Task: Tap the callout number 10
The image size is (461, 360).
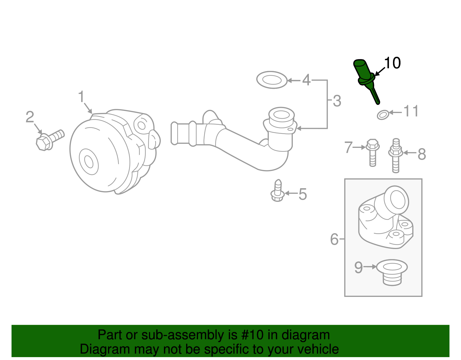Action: click(x=392, y=63)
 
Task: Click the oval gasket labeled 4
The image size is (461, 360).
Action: click(x=272, y=80)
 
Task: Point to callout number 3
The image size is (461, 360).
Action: click(x=337, y=101)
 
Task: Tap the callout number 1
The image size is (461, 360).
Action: click(x=81, y=97)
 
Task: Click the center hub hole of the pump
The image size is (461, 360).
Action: click(x=89, y=162)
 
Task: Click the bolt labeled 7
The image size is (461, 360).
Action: click(x=372, y=153)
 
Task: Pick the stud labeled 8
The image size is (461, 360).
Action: click(x=396, y=156)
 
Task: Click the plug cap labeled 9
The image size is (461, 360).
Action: click(x=392, y=272)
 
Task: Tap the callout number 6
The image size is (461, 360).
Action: click(x=334, y=239)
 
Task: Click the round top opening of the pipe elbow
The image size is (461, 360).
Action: click(x=281, y=115)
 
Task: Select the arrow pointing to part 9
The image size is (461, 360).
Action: click(x=370, y=267)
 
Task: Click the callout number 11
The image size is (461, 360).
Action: click(x=411, y=111)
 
